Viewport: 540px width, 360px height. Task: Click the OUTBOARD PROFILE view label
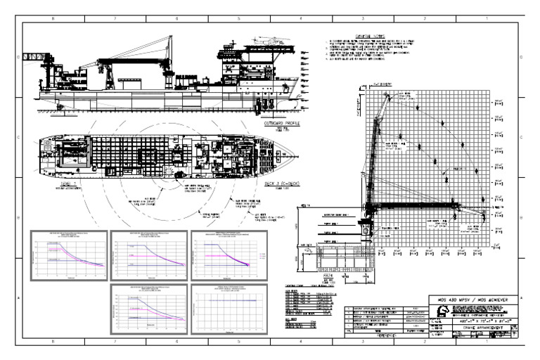click(281, 122)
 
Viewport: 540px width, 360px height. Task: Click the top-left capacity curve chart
click(69, 252)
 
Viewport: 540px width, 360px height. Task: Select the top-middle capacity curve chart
click(148, 252)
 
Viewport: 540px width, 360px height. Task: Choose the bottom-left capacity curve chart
click(148, 307)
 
